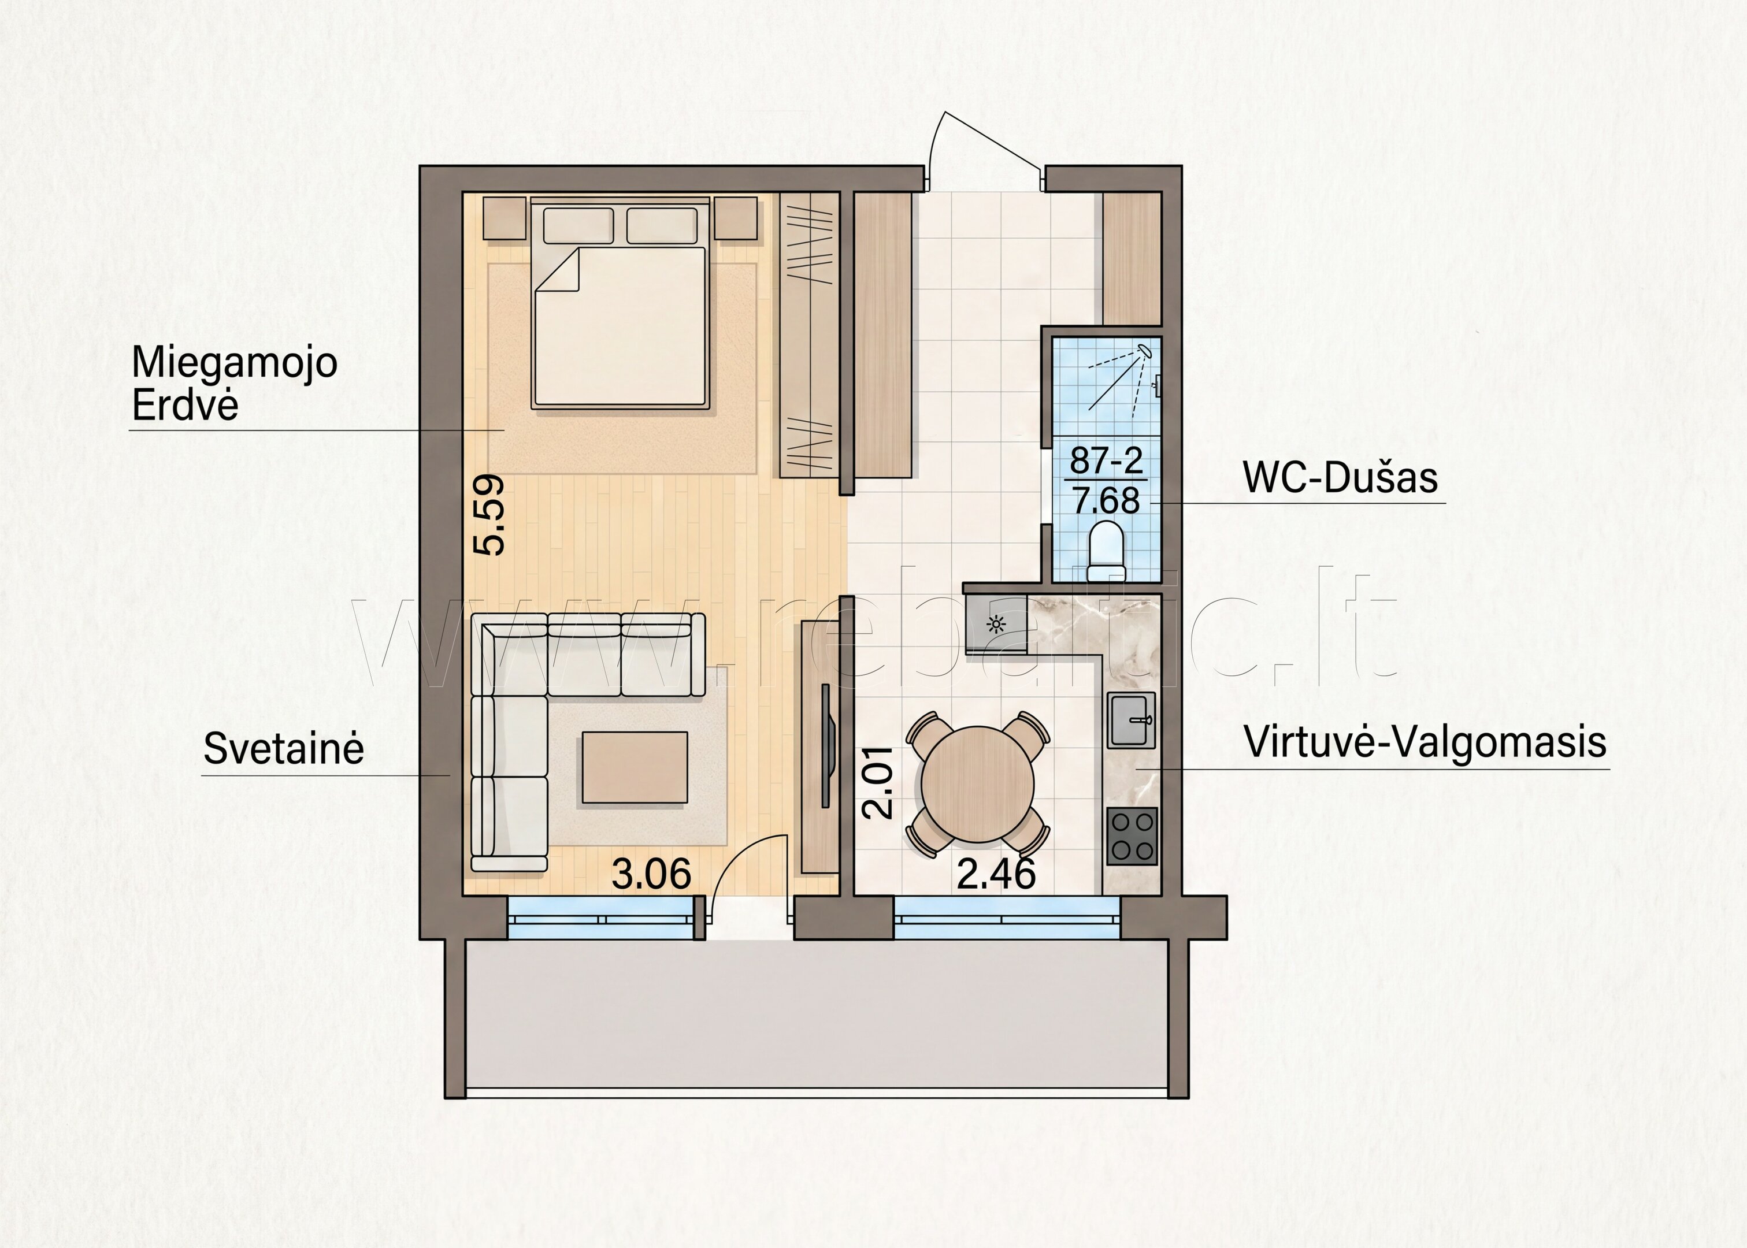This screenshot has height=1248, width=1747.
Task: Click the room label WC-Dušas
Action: (1340, 477)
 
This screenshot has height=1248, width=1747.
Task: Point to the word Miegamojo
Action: (235, 363)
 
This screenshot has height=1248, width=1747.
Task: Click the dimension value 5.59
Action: (489, 514)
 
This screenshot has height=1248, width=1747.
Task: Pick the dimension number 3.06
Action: (651, 874)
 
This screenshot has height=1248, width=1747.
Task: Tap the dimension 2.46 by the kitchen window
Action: (996, 874)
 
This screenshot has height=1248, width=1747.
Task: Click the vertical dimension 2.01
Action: (878, 782)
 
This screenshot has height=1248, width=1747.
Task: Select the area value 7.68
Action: (1107, 501)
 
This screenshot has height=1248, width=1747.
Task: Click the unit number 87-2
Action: (1107, 460)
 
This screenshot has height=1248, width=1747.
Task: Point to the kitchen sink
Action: (1132, 720)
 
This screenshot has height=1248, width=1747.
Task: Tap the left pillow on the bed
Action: (578, 225)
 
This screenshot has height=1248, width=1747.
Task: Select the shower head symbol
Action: (1145, 351)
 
